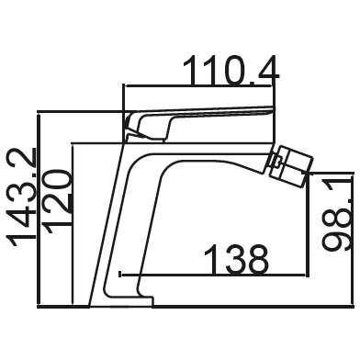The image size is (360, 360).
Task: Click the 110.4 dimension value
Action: pos(231,71)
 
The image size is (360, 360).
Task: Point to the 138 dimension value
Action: pos(236,259)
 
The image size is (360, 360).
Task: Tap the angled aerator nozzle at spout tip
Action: pos(290,164)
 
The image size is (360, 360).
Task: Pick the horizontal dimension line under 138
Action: pos(213,276)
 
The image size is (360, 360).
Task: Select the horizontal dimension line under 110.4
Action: pos(199,86)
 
